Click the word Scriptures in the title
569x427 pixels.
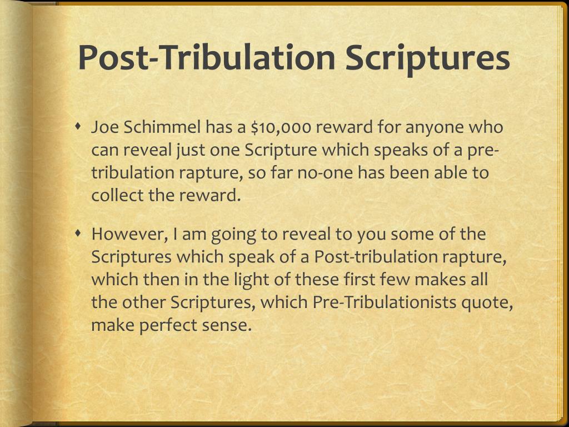(427, 58)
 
